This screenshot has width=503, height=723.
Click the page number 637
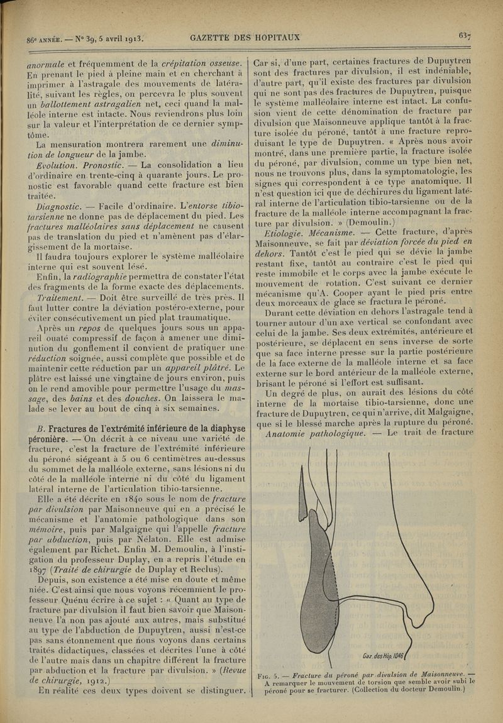tap(465, 36)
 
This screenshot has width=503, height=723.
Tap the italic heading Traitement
tap(60, 297)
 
